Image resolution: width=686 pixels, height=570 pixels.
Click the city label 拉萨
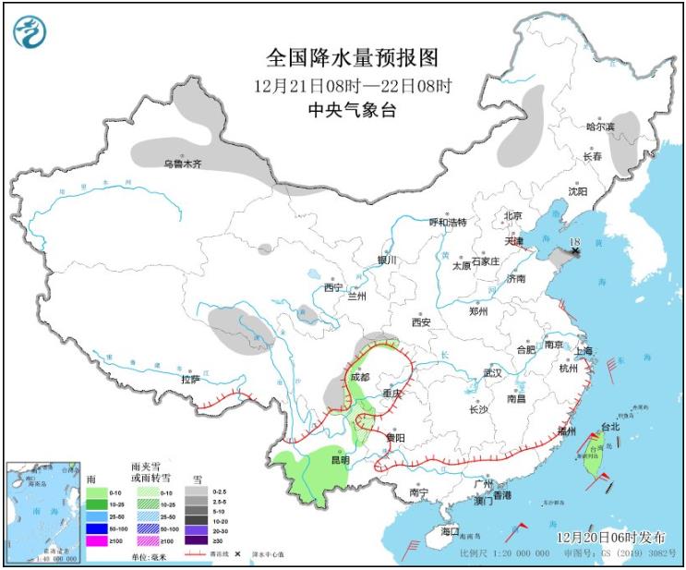coord(190,378)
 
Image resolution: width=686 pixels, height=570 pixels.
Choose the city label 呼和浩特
coord(448,223)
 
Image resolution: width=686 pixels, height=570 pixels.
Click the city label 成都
coord(360,377)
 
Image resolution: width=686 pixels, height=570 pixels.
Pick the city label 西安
coord(421,322)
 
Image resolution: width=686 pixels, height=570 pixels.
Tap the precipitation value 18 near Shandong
coord(575,242)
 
